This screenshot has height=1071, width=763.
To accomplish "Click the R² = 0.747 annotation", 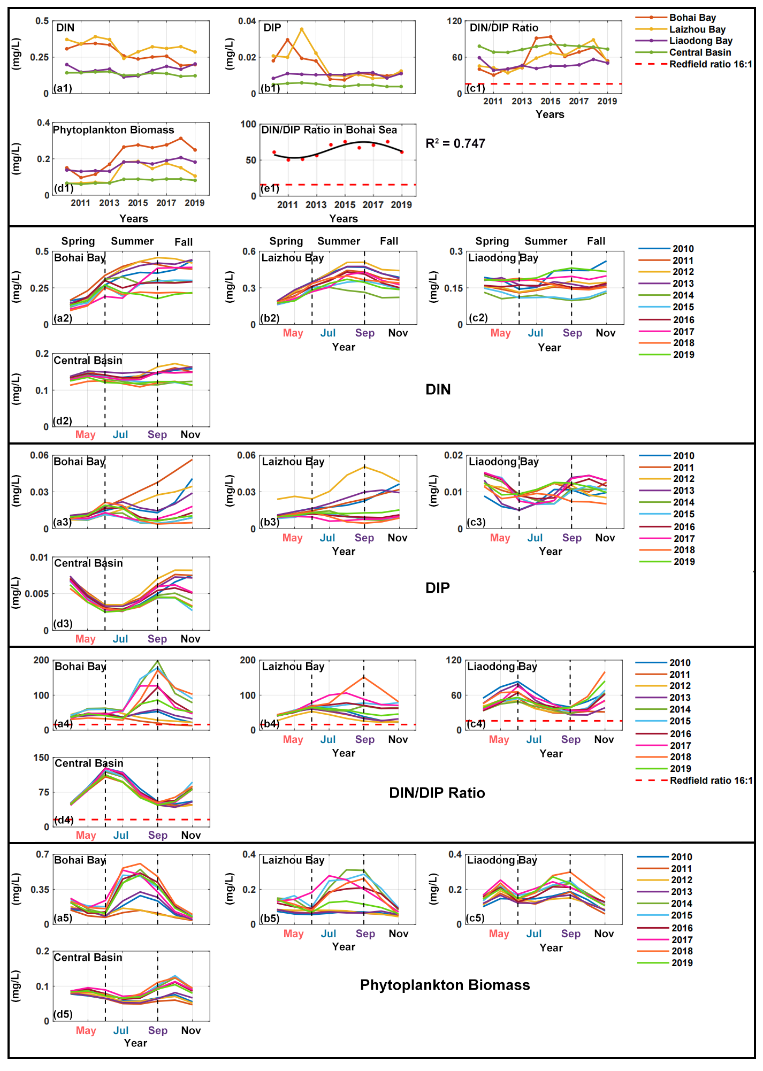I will pyautogui.click(x=455, y=143).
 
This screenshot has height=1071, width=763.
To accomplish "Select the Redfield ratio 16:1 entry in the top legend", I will pyautogui.click(x=711, y=64).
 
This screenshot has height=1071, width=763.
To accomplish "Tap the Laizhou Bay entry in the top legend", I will pyautogui.click(x=697, y=29).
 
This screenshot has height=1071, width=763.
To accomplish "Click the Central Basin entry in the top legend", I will pyautogui.click(x=700, y=52).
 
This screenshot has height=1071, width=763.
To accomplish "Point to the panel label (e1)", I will pyautogui.click(x=270, y=188).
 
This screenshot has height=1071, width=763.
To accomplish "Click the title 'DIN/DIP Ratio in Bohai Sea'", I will pyautogui.click(x=329, y=130).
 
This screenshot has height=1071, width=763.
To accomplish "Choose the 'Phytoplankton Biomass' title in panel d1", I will pyautogui.click(x=113, y=130).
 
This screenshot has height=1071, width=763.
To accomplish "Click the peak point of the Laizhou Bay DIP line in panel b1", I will pyautogui.click(x=302, y=29).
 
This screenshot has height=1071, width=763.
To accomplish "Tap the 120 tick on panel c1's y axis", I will pyautogui.click(x=454, y=21).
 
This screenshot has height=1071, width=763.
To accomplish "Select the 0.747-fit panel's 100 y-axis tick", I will pyautogui.click(x=248, y=124).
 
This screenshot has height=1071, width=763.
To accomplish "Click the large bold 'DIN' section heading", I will pyautogui.click(x=438, y=389).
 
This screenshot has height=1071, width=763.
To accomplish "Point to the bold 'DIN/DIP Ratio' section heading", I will pyautogui.click(x=437, y=793).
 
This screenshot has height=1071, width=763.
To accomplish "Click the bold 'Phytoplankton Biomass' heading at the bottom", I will pyautogui.click(x=445, y=985).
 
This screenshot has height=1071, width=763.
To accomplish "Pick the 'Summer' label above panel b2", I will pyautogui.click(x=339, y=241).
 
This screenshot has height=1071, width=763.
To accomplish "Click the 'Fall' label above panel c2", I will pyautogui.click(x=596, y=241).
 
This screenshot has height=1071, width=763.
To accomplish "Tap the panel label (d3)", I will pyautogui.click(x=63, y=624).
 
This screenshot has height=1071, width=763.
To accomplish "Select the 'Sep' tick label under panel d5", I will pyautogui.click(x=158, y=1030).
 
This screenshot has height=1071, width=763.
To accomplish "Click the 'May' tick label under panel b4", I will pyautogui.click(x=293, y=739).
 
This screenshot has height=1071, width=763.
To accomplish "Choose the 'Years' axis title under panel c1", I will pyautogui.click(x=550, y=114).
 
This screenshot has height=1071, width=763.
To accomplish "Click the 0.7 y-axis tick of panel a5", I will pyautogui.click(x=43, y=854).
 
